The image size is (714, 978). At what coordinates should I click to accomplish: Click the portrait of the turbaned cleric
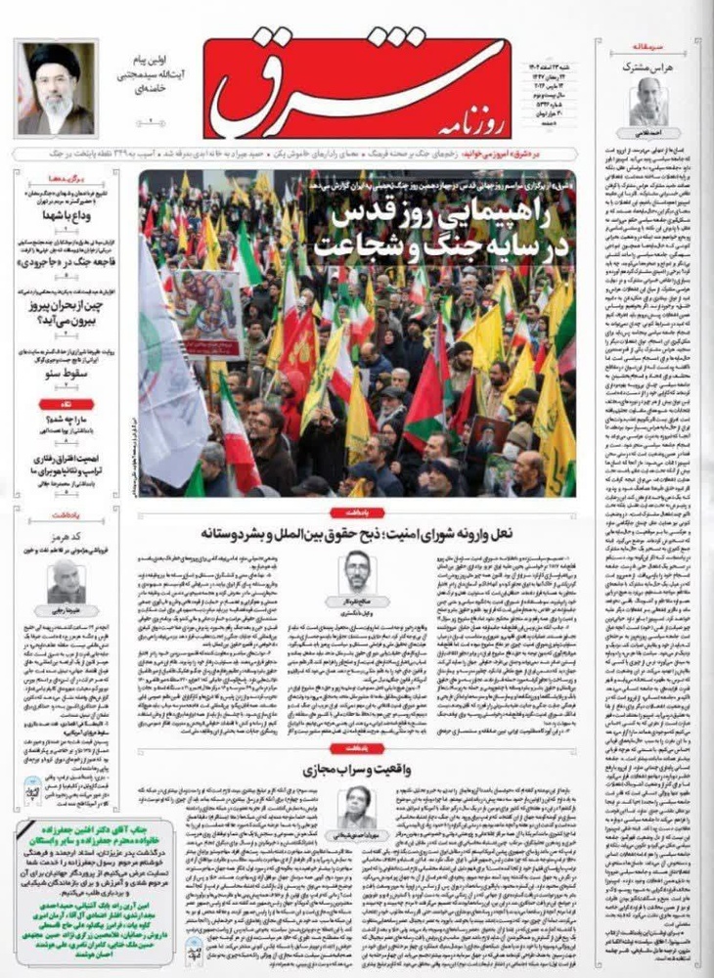(x=56, y=88)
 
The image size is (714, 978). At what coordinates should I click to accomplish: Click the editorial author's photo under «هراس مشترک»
(x=647, y=102)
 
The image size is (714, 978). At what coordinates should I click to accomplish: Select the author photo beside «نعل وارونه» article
(x=358, y=573)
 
